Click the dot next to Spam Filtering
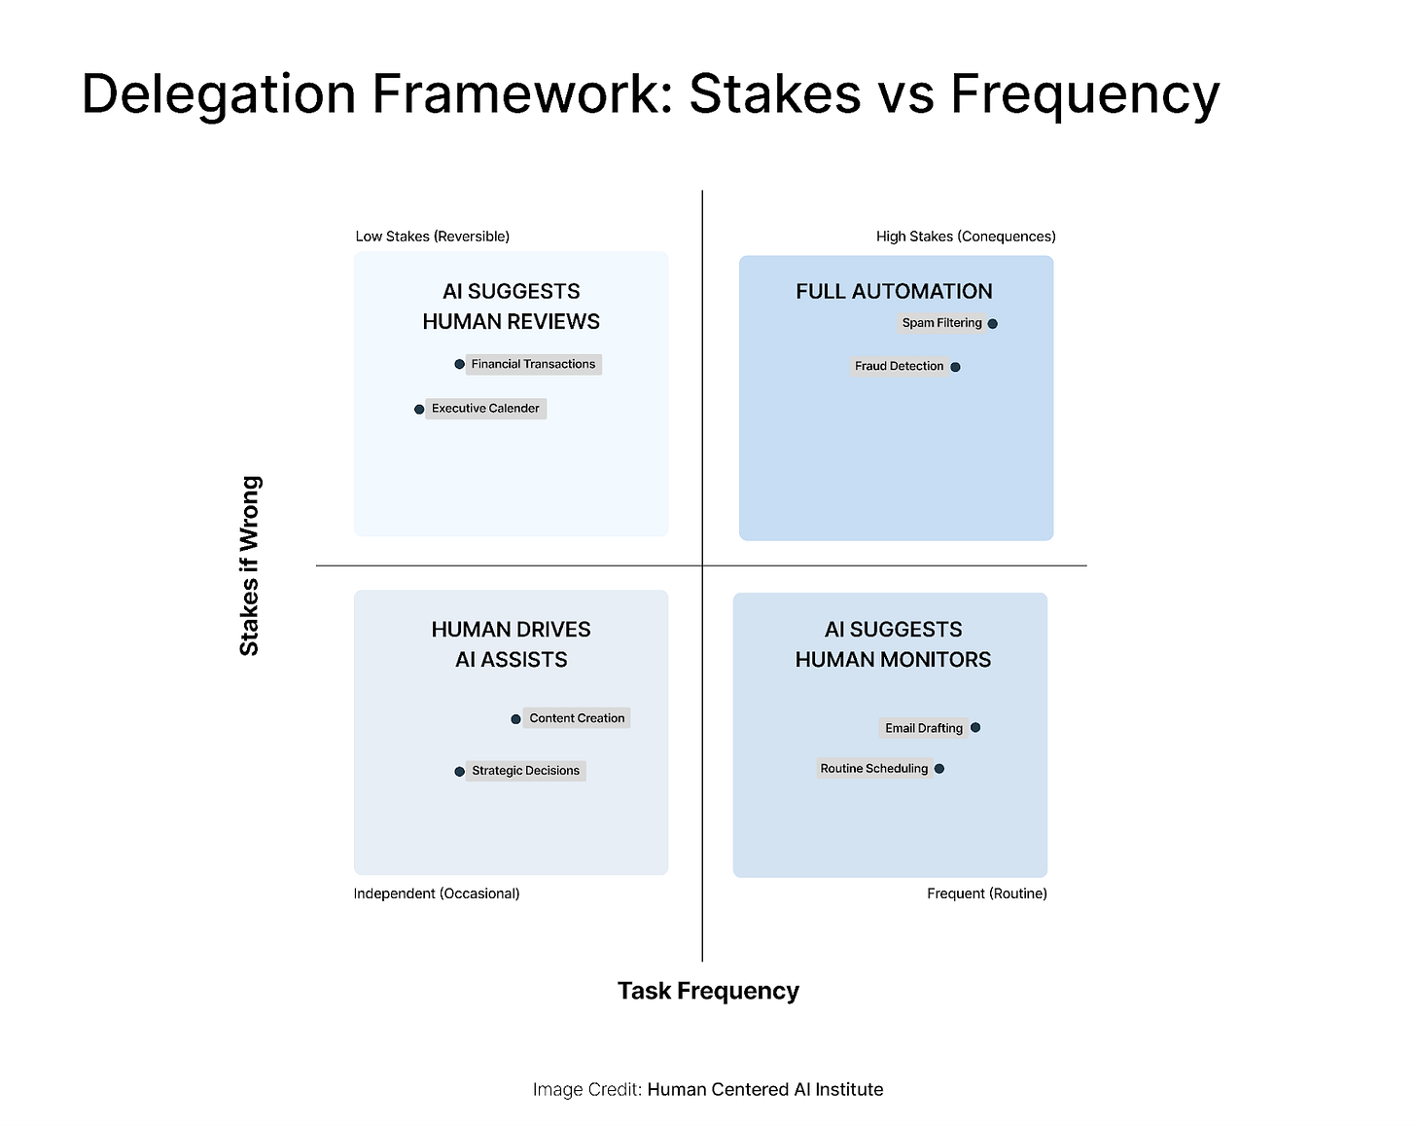[x=992, y=324]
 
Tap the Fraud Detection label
[x=899, y=366]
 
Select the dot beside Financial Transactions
[x=459, y=365]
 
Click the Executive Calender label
[x=485, y=409]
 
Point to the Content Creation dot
[x=515, y=719]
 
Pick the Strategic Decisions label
[x=525, y=771]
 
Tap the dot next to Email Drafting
[x=975, y=728]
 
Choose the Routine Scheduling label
[x=873, y=769]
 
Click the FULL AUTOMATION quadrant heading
[x=894, y=291]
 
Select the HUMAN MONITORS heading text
[x=893, y=660]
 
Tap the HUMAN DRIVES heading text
[x=511, y=630]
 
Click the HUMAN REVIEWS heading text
[x=511, y=321]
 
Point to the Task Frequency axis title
[x=708, y=991]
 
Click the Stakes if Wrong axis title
[x=250, y=565]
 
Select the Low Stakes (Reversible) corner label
[x=432, y=237]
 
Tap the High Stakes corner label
[x=965, y=237]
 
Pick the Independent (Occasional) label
[x=436, y=893]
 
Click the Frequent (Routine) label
[x=986, y=893]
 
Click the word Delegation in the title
[x=218, y=94]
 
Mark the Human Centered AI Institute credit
[x=764, y=1090]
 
